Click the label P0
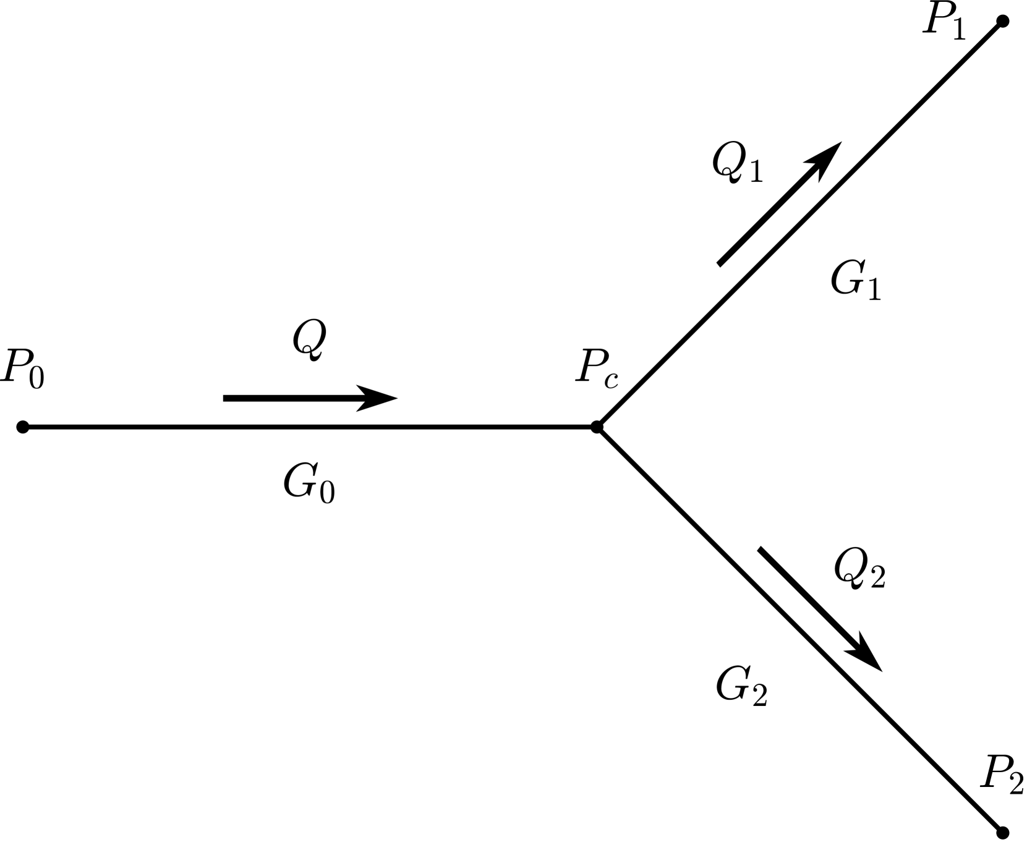[x=23, y=369]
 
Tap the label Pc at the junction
[x=596, y=369]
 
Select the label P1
[x=944, y=20]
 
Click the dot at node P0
[x=23, y=427]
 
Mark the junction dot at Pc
[x=597, y=427]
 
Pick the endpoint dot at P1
[x=1003, y=22]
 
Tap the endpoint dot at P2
[x=1003, y=832]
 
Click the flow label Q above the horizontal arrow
[x=309, y=341]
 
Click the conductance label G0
[x=309, y=483]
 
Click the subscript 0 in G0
[x=327, y=493]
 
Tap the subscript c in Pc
[x=611, y=379]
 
